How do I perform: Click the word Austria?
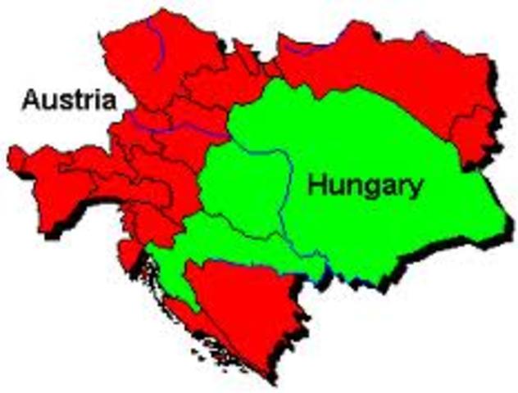(x=69, y=101)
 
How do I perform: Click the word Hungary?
(x=365, y=186)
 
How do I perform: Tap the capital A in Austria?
(x=30, y=101)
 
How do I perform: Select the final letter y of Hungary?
(x=416, y=189)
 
